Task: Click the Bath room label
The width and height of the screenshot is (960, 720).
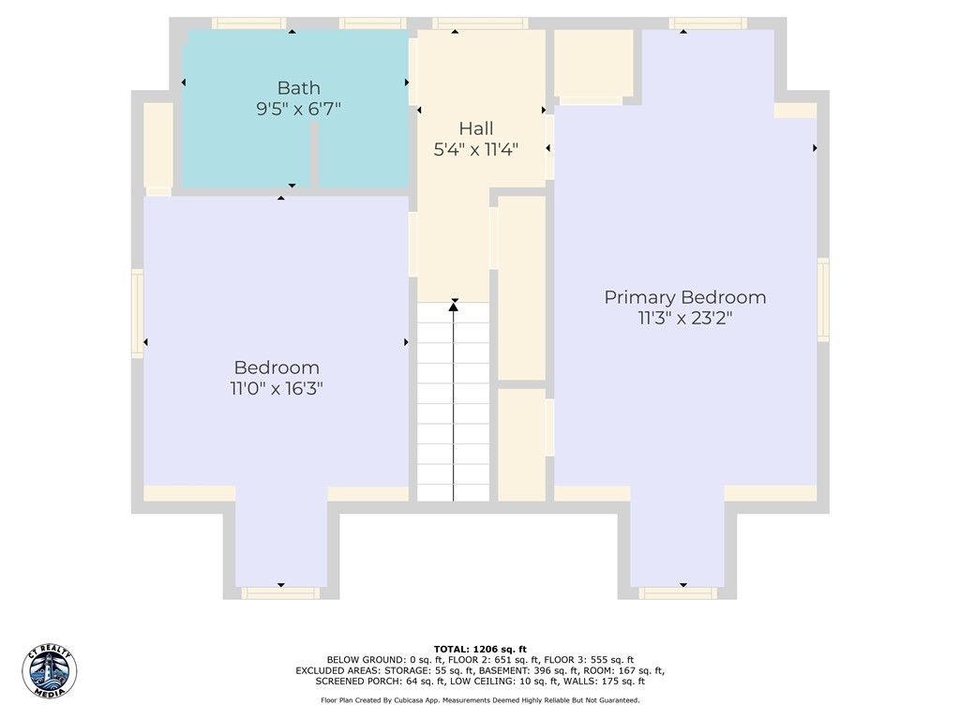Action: (298, 88)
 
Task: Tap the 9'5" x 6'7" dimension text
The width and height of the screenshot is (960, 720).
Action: (298, 109)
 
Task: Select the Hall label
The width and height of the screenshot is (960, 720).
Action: (475, 128)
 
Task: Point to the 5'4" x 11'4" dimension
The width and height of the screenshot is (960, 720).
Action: (475, 149)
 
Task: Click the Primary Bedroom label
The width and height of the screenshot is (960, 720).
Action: (685, 297)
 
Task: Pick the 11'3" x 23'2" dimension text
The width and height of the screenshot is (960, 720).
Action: (685, 319)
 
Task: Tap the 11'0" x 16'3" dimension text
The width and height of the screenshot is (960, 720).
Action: (277, 388)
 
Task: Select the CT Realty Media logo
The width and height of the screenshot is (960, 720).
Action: (50, 671)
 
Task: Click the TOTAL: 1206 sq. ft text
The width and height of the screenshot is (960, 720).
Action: (480, 649)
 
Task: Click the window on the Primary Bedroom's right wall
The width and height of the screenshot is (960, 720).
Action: (823, 299)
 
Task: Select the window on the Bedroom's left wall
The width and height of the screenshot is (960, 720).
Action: (137, 313)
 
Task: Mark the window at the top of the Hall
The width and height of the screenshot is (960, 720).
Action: (480, 23)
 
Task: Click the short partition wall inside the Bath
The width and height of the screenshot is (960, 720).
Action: (314, 155)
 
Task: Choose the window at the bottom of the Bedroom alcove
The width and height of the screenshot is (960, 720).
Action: (280, 593)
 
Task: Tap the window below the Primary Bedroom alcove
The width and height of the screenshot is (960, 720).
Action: (678, 593)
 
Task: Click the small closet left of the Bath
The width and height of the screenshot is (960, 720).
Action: (157, 145)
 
